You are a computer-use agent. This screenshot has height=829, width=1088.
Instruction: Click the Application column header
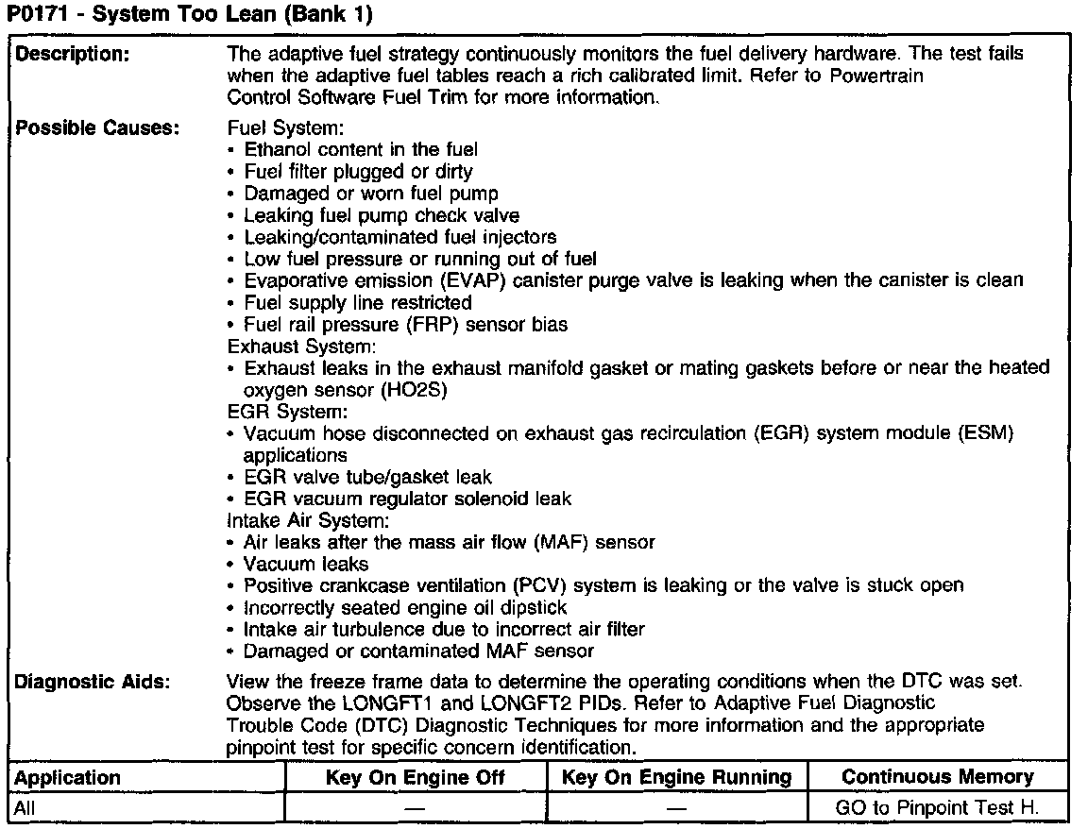click(x=69, y=777)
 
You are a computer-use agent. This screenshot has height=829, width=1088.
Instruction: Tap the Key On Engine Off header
click(x=416, y=777)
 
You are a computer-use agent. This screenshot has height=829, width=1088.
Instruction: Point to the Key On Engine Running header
click(x=676, y=777)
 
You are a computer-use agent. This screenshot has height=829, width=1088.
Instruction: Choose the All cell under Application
click(x=26, y=807)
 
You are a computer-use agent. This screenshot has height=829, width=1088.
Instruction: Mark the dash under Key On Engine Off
click(x=416, y=808)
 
